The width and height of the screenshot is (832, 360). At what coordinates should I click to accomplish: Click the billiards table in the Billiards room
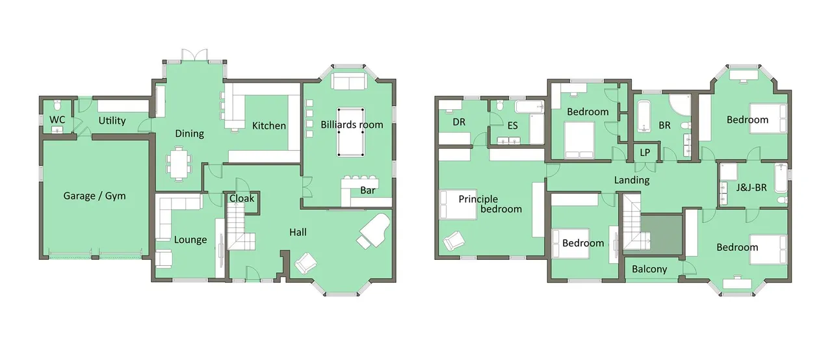pyautogui.click(x=350, y=132)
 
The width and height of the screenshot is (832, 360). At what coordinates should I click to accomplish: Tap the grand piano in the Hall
pyautogui.click(x=374, y=231)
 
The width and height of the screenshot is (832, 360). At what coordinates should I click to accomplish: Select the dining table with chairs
pyautogui.click(x=179, y=164)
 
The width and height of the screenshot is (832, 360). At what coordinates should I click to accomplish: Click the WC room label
pyautogui.click(x=57, y=120)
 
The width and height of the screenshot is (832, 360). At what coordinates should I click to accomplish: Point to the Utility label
pyautogui.click(x=112, y=121)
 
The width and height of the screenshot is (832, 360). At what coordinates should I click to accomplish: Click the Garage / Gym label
pyautogui.click(x=94, y=196)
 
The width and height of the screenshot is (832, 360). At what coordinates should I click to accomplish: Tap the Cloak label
pyautogui.click(x=242, y=198)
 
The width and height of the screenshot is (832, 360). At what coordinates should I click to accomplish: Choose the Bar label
pyautogui.click(x=368, y=190)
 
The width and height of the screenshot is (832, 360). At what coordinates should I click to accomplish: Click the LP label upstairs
pyautogui.click(x=645, y=152)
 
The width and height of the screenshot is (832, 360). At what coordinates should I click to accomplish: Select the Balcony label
pyautogui.click(x=649, y=269)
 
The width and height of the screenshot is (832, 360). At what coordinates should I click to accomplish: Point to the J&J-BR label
pyautogui.click(x=751, y=187)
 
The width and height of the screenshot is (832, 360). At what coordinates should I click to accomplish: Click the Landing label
pyautogui.click(x=632, y=181)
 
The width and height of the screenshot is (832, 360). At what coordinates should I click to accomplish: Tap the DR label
pyautogui.click(x=459, y=122)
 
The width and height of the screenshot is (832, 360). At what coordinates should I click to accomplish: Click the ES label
pyautogui.click(x=513, y=125)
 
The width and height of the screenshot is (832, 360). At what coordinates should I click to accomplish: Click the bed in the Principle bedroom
pyautogui.click(x=458, y=205)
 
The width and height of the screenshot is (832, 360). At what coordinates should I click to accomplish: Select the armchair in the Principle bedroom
pyautogui.click(x=454, y=240)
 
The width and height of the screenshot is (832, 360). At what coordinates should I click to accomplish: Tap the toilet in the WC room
pyautogui.click(x=57, y=105)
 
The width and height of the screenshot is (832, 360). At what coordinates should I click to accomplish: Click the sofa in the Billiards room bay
pyautogui.click(x=349, y=81)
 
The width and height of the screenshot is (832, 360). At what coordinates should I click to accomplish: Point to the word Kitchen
pyautogui.click(x=269, y=126)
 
